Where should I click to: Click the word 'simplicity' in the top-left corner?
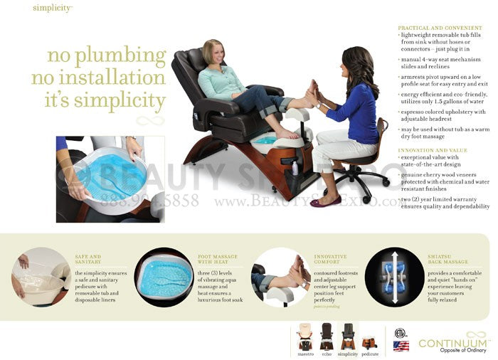[x=51, y=8]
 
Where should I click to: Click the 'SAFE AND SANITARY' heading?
[x=88, y=258]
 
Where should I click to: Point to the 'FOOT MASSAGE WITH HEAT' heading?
[x=218, y=258]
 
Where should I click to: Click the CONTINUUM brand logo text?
[x=452, y=344]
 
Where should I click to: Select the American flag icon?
[x=401, y=346]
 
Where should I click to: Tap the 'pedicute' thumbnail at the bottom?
[x=370, y=341]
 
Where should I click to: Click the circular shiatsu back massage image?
[x=395, y=277]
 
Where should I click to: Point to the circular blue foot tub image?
[x=164, y=277]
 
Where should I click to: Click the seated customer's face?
[x=212, y=53]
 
